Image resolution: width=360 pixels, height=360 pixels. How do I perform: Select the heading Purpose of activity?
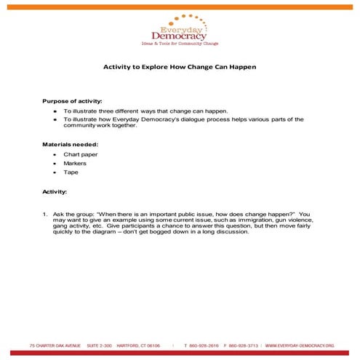click(x=72, y=101)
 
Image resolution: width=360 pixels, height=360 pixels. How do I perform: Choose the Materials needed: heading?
click(x=70, y=144)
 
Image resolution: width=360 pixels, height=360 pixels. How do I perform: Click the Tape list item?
click(x=71, y=172)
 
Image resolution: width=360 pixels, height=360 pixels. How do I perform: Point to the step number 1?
click(x=44, y=215)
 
